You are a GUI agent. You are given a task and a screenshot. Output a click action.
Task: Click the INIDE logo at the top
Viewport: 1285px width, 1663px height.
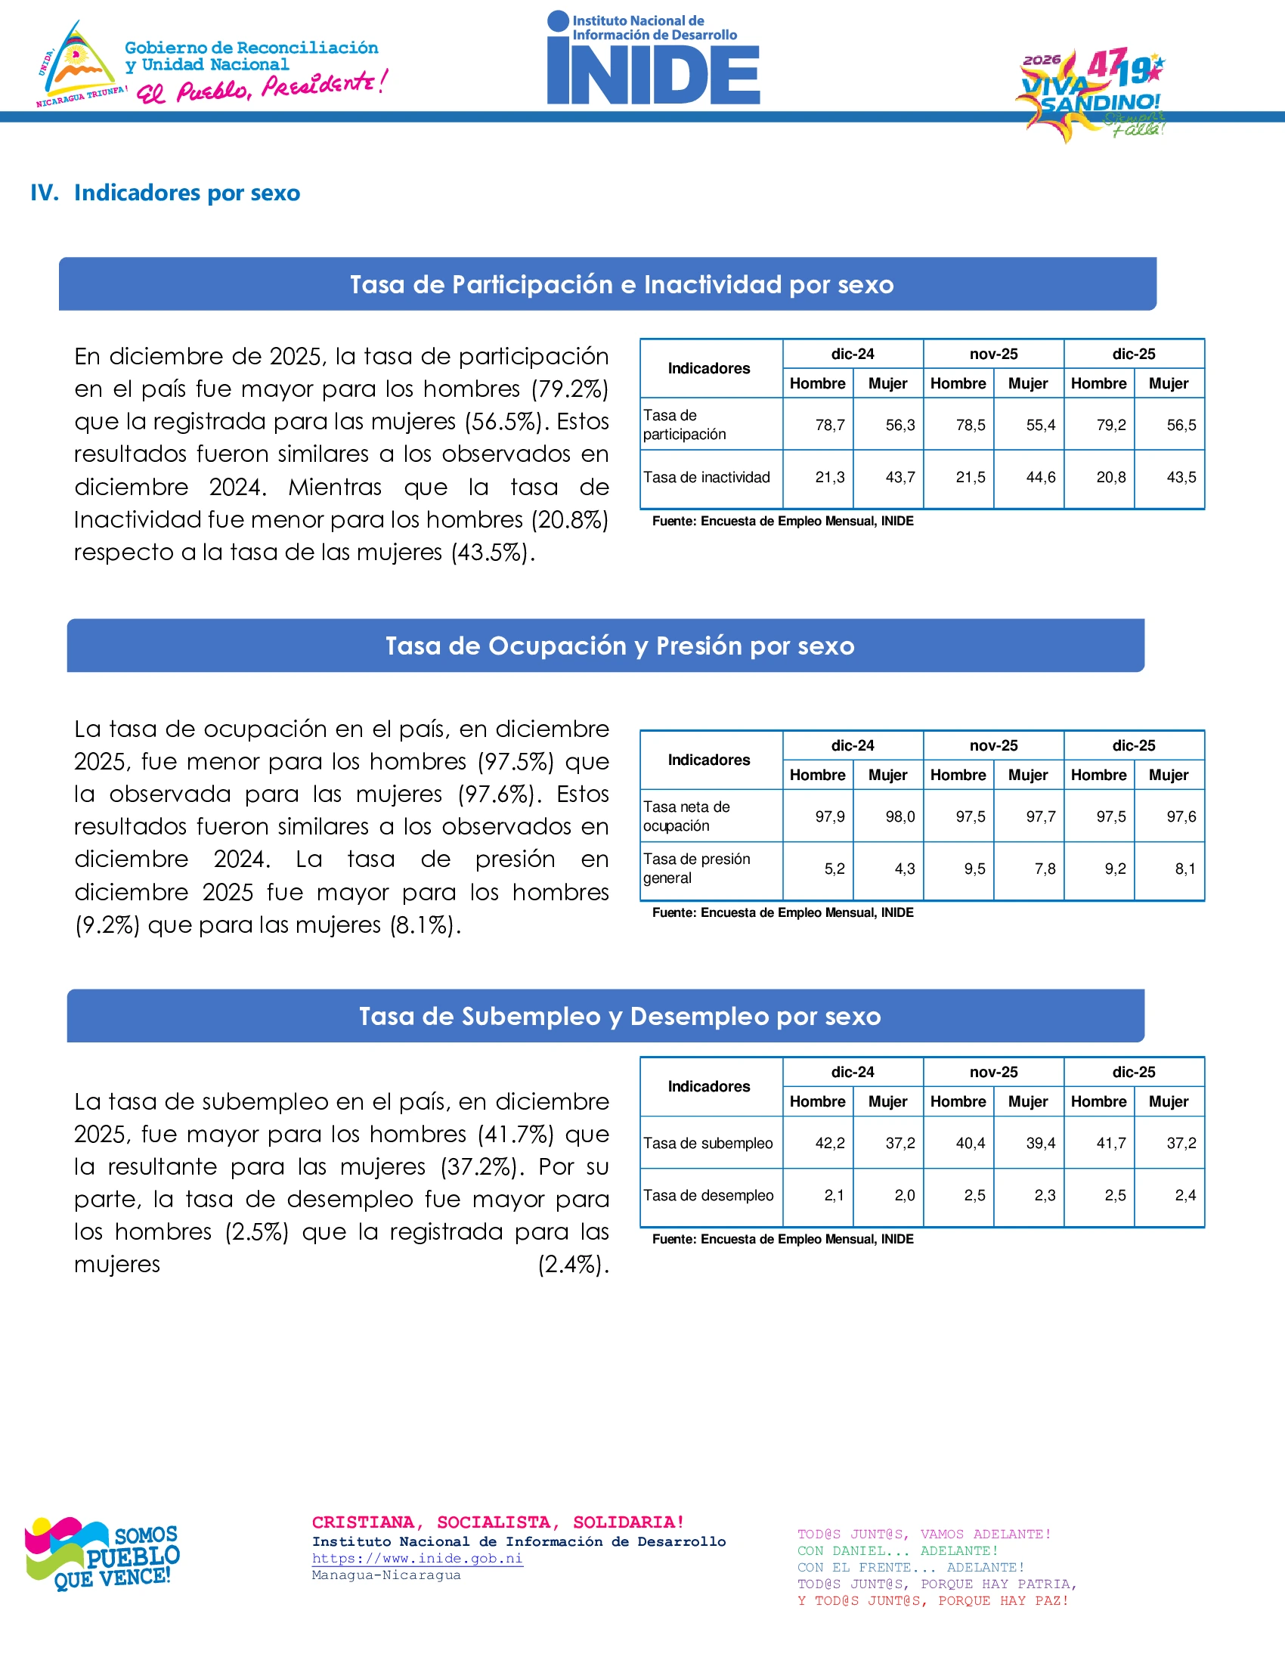[x=653, y=60]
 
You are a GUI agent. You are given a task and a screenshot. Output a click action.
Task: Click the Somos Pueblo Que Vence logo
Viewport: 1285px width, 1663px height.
[x=102, y=1553]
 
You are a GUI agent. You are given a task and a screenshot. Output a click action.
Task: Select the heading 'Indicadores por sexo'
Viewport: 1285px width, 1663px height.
[x=187, y=193]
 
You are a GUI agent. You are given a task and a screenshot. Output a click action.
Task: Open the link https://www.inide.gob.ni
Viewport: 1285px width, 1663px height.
[x=417, y=1558]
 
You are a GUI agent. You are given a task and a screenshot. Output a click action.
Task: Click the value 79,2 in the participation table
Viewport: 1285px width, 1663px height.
[x=1110, y=425]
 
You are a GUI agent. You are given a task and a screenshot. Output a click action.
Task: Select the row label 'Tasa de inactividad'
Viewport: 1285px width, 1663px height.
[x=707, y=478]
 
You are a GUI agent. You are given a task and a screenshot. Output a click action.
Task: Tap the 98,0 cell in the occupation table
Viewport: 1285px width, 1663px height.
[x=899, y=816]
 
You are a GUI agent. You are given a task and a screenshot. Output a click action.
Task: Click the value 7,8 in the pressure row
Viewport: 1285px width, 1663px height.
[x=1045, y=869]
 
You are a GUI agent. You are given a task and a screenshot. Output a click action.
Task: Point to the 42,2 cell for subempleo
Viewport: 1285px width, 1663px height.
[x=830, y=1143]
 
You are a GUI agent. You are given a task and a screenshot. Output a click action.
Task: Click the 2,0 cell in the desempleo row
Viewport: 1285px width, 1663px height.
[x=904, y=1196]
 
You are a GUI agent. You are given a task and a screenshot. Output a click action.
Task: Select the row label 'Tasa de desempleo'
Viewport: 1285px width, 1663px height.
[x=708, y=1196]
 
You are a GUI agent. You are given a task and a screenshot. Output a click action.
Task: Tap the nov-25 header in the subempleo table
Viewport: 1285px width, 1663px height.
[x=993, y=1072]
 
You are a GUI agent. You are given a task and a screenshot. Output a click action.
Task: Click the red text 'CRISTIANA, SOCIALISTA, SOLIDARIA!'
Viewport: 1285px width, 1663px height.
[x=498, y=1522]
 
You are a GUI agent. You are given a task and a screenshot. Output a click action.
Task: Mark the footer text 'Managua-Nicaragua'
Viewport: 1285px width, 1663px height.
[x=386, y=1575]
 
